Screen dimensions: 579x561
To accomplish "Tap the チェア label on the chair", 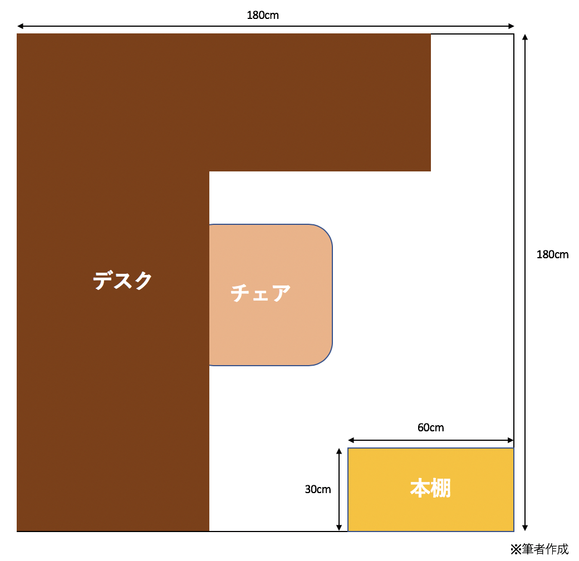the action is (261, 293).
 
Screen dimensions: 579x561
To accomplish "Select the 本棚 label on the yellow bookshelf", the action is (430, 488).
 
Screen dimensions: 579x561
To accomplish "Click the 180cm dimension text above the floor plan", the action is (263, 15).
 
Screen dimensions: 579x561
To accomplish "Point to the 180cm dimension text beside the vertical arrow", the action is (552, 254).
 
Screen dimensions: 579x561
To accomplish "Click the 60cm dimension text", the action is (430, 427).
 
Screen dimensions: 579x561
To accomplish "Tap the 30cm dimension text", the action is (317, 489).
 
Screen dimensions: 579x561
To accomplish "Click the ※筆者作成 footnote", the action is (539, 549).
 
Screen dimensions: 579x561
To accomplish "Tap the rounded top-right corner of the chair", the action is (325, 232).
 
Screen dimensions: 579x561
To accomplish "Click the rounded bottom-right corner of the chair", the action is (325, 358).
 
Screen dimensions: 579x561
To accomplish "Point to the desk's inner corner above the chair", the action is (209, 171).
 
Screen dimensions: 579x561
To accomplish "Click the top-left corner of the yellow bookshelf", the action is (348, 448).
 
